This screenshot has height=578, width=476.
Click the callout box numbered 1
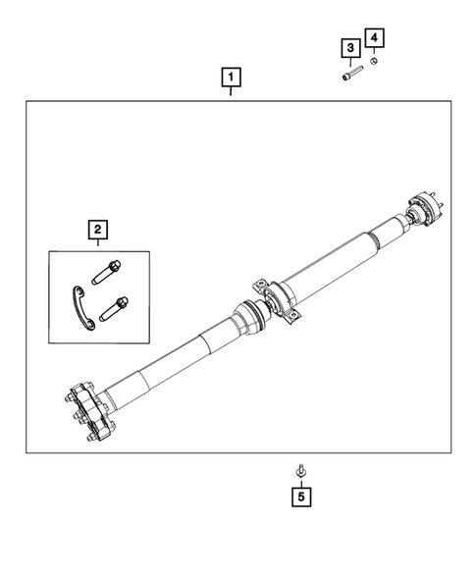[231, 77]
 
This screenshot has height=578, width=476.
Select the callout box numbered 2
[97, 230]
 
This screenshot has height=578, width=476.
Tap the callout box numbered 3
[348, 47]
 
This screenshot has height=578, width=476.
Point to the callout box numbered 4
[374, 38]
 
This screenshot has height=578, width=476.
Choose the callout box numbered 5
[301, 498]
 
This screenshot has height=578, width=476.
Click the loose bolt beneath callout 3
[350, 76]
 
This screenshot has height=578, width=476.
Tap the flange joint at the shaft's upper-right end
[423, 209]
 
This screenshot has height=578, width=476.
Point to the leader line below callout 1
[231, 92]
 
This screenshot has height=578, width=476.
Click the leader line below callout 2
[97, 245]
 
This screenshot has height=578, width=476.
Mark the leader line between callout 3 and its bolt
[348, 63]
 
